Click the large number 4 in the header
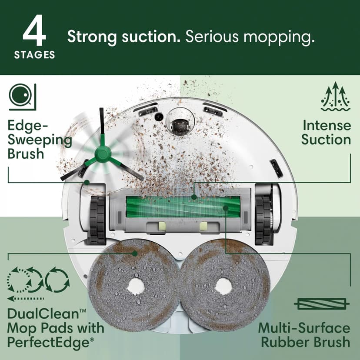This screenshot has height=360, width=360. [x=34, y=32]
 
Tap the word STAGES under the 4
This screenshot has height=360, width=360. [x=34, y=55]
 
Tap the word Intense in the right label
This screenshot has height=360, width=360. [x=327, y=126]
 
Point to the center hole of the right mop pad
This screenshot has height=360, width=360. [x=223, y=286]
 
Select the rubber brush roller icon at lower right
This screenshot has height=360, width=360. [x=322, y=303]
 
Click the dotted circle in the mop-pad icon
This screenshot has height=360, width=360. [x=17, y=281]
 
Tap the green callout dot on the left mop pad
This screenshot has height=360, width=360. [x=135, y=253]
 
